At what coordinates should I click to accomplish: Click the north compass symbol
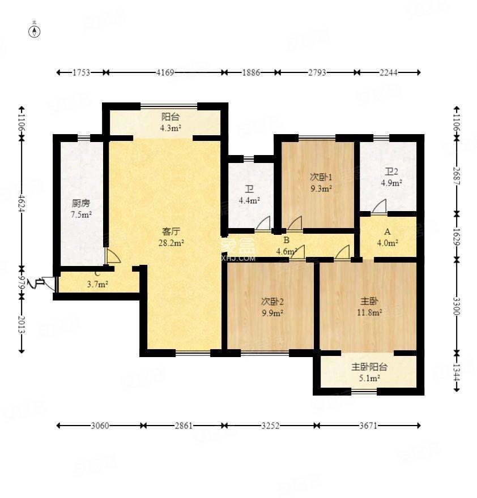(x=35, y=31)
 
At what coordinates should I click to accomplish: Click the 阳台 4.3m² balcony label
(x=171, y=122)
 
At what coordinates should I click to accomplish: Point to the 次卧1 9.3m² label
(x=321, y=182)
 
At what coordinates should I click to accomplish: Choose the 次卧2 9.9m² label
(x=272, y=306)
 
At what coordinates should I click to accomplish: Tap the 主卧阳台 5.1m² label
(x=369, y=372)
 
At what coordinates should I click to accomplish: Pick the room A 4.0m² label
(x=388, y=237)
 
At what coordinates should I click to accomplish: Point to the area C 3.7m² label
(x=97, y=280)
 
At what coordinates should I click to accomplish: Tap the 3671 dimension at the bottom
(x=370, y=425)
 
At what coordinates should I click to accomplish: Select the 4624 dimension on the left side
(x=22, y=202)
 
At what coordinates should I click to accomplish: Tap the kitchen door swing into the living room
(x=112, y=256)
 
